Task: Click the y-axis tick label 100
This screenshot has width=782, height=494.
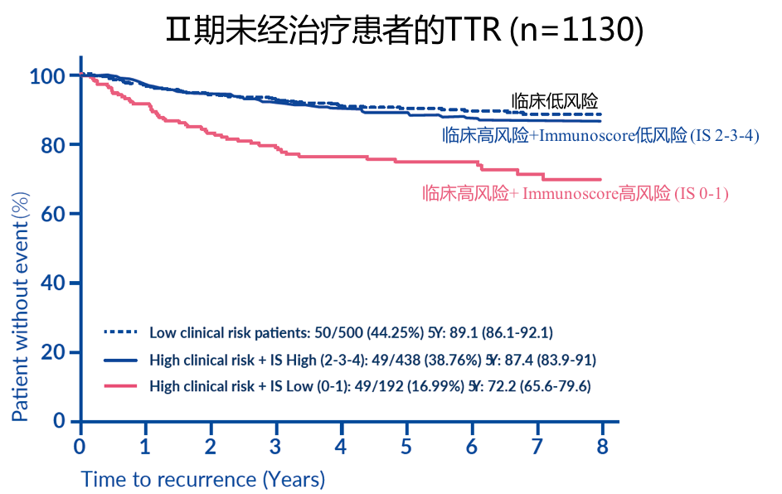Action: coord(48,77)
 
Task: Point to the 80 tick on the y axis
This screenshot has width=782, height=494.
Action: coord(53,145)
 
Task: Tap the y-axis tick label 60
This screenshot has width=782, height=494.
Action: coord(53,214)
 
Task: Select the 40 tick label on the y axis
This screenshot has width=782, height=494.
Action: coord(53,283)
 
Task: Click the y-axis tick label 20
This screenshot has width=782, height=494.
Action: coord(53,352)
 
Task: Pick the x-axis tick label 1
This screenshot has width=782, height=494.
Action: coord(145,446)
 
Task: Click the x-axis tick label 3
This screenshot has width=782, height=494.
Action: coord(276,446)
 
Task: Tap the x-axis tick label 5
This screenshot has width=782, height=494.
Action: coord(406,446)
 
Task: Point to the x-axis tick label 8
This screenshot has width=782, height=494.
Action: coord(603,446)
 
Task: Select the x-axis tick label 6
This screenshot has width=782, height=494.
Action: coord(472,446)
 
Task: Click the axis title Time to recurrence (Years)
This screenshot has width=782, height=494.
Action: coord(203,479)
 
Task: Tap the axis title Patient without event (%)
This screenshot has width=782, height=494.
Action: coord(20,308)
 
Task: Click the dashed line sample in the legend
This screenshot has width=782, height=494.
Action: coord(120,332)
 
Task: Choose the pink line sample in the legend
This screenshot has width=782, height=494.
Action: coord(120,385)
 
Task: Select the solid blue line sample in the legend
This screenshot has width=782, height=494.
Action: coord(120,360)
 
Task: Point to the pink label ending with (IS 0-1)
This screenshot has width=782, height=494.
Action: coord(576,194)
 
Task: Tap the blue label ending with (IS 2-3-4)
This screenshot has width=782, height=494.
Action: coord(601,135)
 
